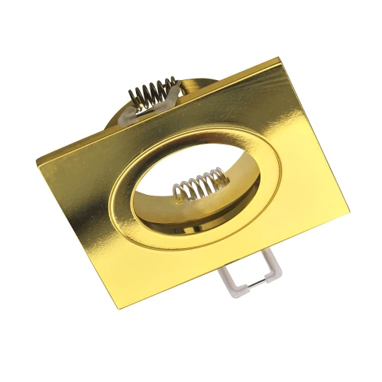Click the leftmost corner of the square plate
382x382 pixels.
click(37, 158)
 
